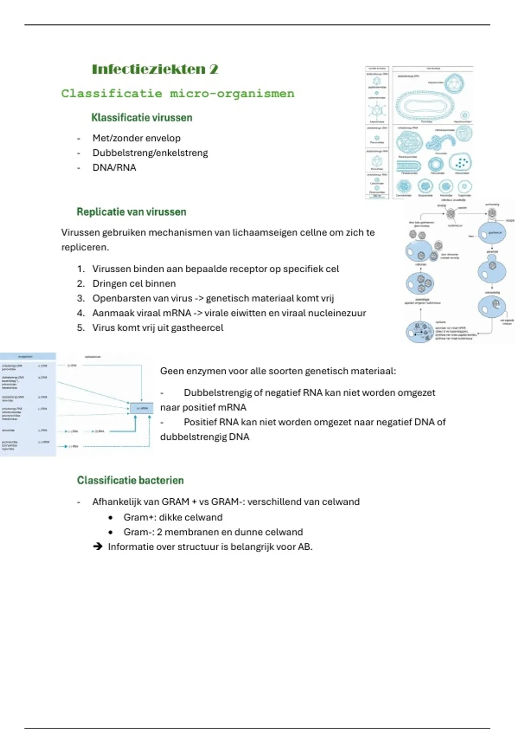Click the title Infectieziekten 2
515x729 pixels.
155,69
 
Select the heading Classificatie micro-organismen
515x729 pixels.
178,93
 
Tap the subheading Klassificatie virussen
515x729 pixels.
142,117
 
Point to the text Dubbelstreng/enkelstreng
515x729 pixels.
150,153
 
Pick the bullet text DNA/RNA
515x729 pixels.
114,168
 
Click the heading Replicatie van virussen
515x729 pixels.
131,212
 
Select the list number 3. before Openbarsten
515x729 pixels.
81,298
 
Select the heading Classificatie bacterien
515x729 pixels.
130,480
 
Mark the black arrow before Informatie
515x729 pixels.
97,547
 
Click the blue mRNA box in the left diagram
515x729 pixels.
141,408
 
